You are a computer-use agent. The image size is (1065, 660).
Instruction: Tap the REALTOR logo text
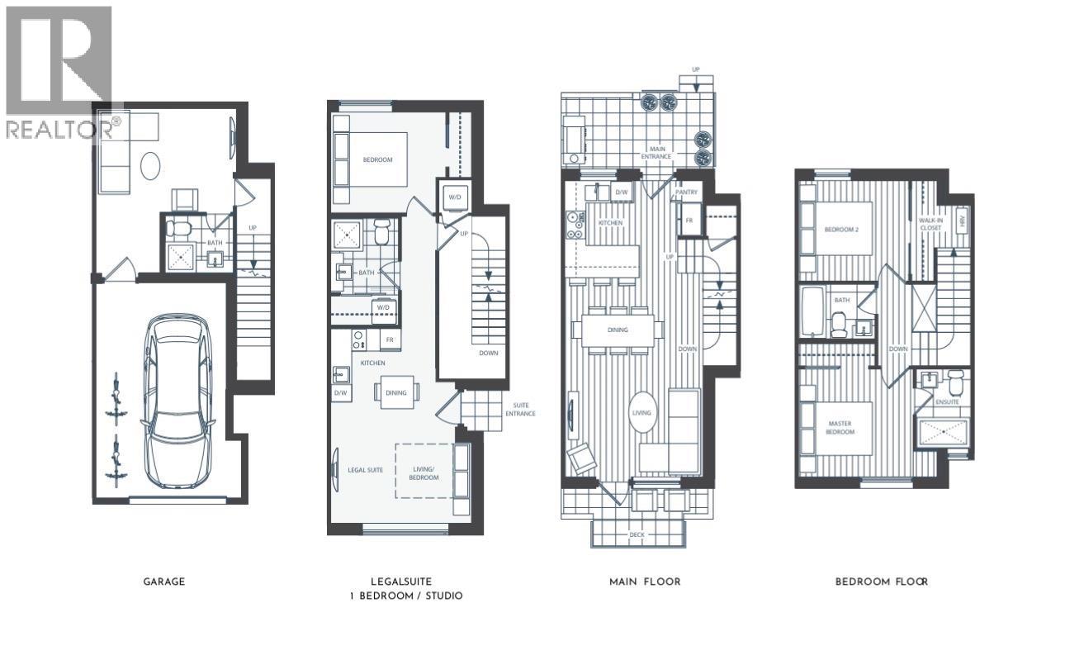[x=62, y=129]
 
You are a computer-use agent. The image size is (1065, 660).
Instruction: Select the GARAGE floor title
[x=163, y=582]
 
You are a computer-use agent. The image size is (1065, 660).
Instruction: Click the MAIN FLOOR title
[x=645, y=582]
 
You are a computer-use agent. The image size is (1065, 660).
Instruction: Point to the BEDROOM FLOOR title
[x=882, y=582]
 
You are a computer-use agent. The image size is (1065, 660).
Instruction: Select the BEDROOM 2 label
[x=842, y=229]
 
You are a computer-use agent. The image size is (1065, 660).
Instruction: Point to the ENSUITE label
[x=946, y=401]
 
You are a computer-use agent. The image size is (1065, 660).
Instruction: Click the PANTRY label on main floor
[x=686, y=192]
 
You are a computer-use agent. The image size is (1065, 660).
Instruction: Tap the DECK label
[x=637, y=535]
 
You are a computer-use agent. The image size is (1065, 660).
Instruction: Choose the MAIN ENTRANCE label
[x=657, y=153]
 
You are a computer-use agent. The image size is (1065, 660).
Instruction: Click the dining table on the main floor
[x=618, y=330]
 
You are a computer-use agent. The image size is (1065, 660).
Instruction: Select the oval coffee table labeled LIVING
[x=641, y=413]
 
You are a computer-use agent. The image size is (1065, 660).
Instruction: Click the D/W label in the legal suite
[x=340, y=393]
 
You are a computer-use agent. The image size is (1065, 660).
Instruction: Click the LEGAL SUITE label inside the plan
[x=365, y=470]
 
